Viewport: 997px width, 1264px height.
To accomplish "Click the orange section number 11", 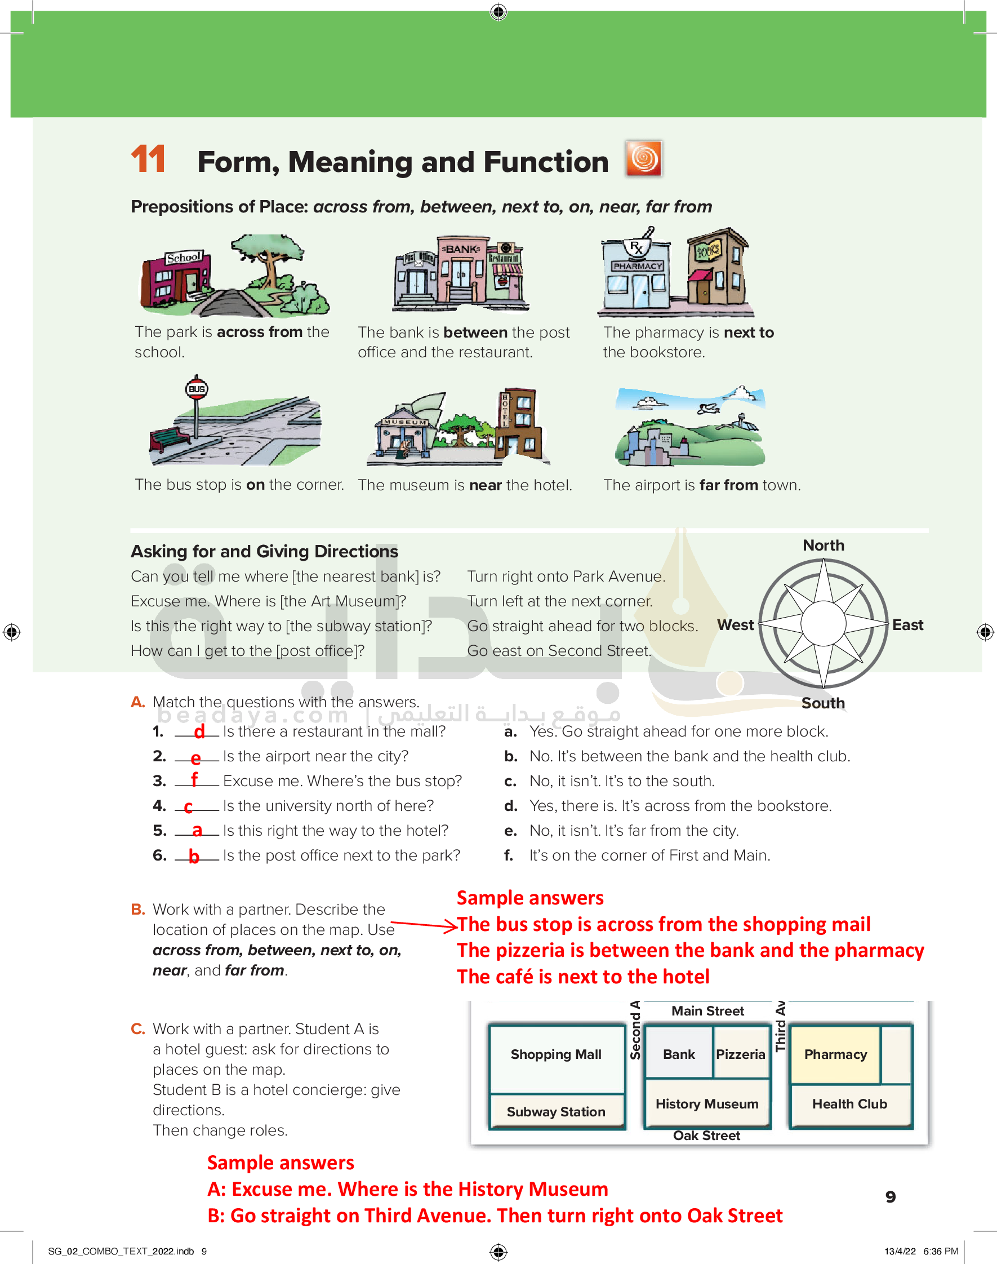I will [148, 159].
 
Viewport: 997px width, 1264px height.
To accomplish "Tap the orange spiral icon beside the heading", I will [643, 158].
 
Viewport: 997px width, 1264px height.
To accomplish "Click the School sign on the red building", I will [184, 258].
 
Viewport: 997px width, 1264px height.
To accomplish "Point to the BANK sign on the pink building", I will [462, 249].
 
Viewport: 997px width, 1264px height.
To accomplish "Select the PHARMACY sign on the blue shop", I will [638, 266].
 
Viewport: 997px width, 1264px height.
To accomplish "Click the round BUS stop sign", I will [197, 389].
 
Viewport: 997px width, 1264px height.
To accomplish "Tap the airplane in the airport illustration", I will [708, 407].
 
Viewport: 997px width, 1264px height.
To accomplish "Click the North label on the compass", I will [823, 545].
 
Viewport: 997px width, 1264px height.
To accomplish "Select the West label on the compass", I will [735, 625].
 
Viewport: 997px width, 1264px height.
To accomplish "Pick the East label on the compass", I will [907, 625].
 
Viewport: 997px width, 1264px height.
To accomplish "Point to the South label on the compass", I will [822, 703].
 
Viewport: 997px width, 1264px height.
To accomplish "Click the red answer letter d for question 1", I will [199, 731].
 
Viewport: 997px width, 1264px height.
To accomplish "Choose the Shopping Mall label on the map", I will [556, 1054].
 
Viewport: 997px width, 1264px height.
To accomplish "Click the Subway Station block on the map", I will [556, 1112].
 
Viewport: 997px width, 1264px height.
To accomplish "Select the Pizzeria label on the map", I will [740, 1054].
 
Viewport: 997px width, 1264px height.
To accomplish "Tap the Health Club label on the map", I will [849, 1103].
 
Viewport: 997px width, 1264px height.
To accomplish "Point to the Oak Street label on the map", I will [706, 1136].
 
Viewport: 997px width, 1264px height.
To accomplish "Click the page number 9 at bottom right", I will [890, 1197].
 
